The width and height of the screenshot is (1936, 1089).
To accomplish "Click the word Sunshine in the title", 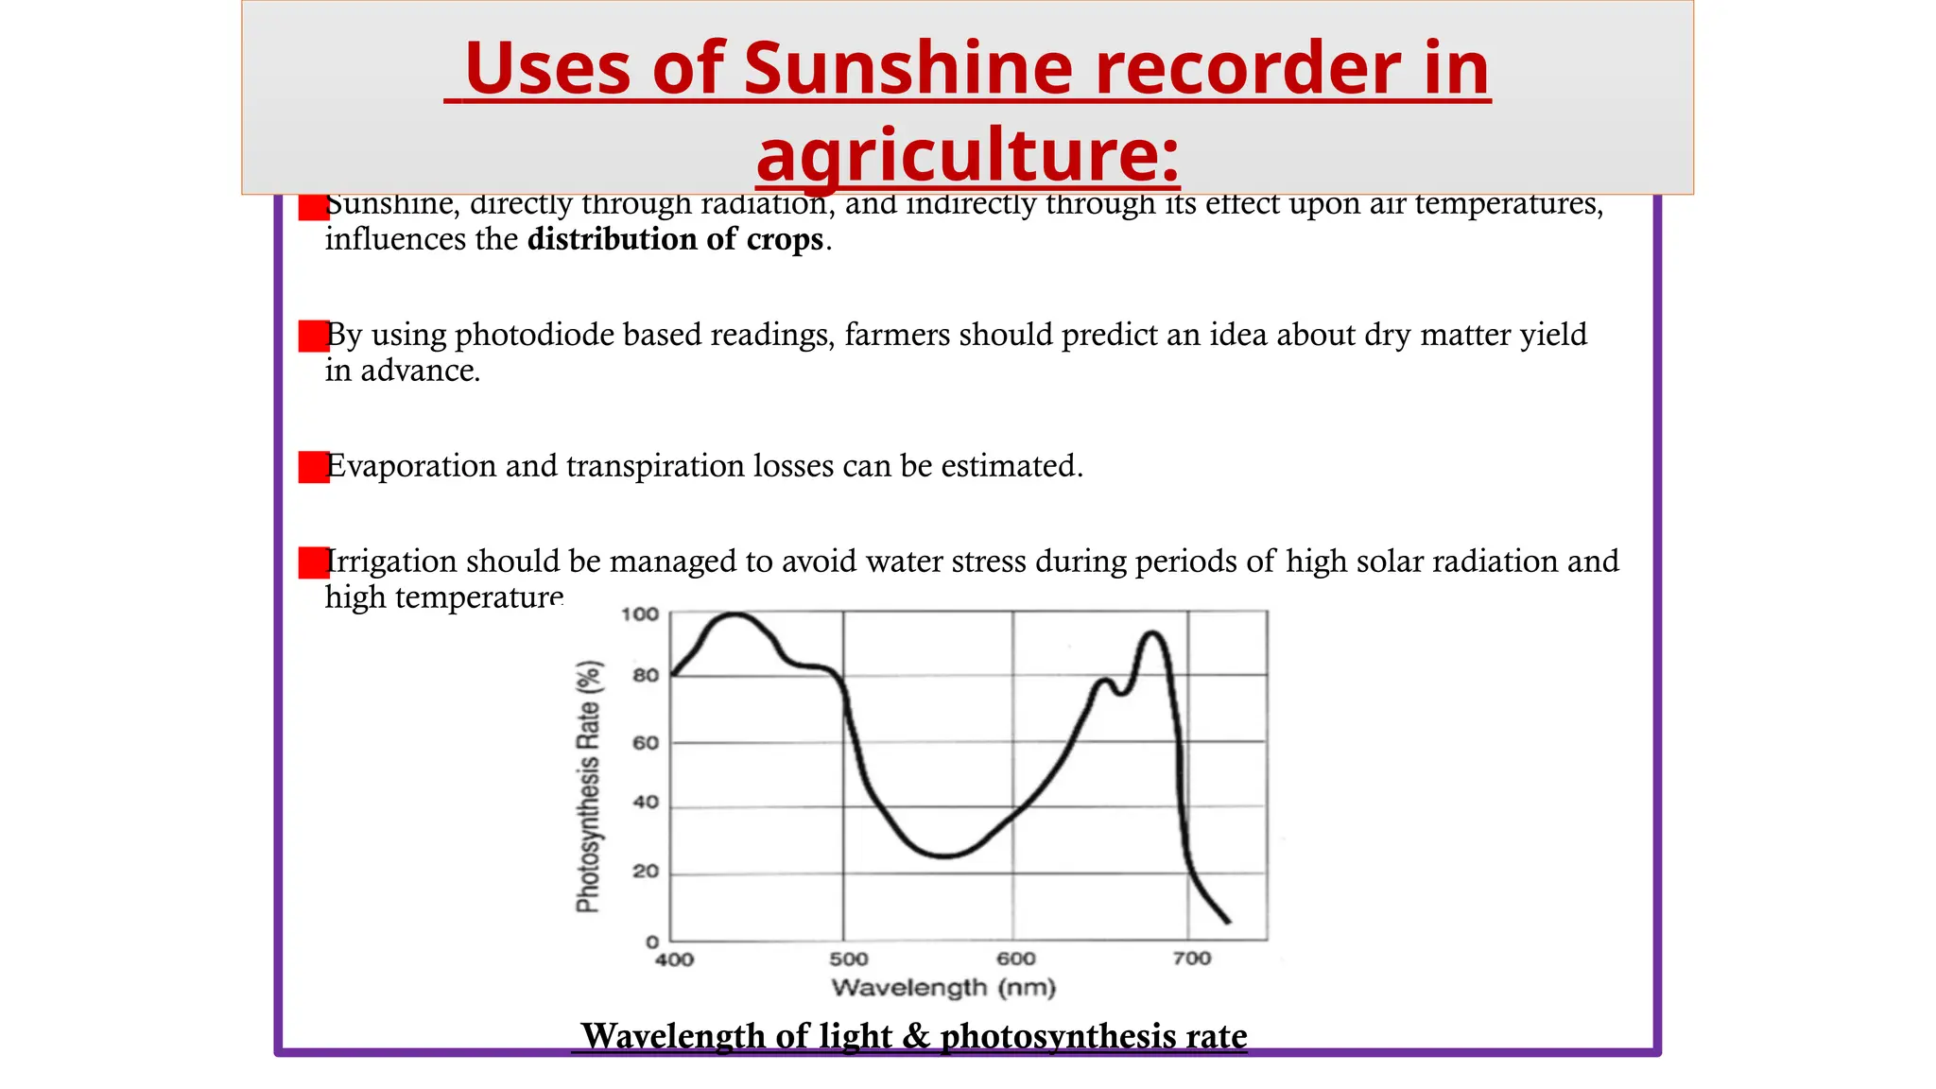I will (907, 69).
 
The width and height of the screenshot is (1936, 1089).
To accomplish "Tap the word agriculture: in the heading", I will (968, 154).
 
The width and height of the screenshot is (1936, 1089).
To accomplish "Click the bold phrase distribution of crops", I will (675, 239).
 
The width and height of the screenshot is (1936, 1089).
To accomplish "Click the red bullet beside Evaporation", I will (313, 467).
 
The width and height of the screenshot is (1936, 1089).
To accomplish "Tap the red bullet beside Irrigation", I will (313, 562).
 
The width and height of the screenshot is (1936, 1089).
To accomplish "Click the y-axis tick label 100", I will (640, 614).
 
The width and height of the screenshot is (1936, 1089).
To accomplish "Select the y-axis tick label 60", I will (646, 743).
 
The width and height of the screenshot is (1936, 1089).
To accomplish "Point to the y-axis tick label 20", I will (646, 872).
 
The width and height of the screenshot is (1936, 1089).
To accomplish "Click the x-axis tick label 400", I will (674, 959).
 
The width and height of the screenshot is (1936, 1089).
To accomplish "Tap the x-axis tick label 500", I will (848, 959).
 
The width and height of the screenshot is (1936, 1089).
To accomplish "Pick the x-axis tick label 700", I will (1191, 959).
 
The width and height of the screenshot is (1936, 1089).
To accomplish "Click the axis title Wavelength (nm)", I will (942, 988).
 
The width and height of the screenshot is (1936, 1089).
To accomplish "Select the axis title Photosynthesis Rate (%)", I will (588, 786).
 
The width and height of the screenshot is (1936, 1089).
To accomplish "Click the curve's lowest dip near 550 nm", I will (943, 856).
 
